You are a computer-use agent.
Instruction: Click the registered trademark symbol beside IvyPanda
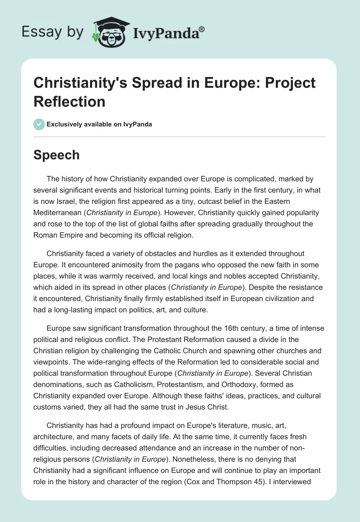pos(202,29)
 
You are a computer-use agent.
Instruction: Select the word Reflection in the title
pos(70,101)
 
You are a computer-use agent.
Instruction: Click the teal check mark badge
pos(40,124)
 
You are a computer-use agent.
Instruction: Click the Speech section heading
pos(57,155)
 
